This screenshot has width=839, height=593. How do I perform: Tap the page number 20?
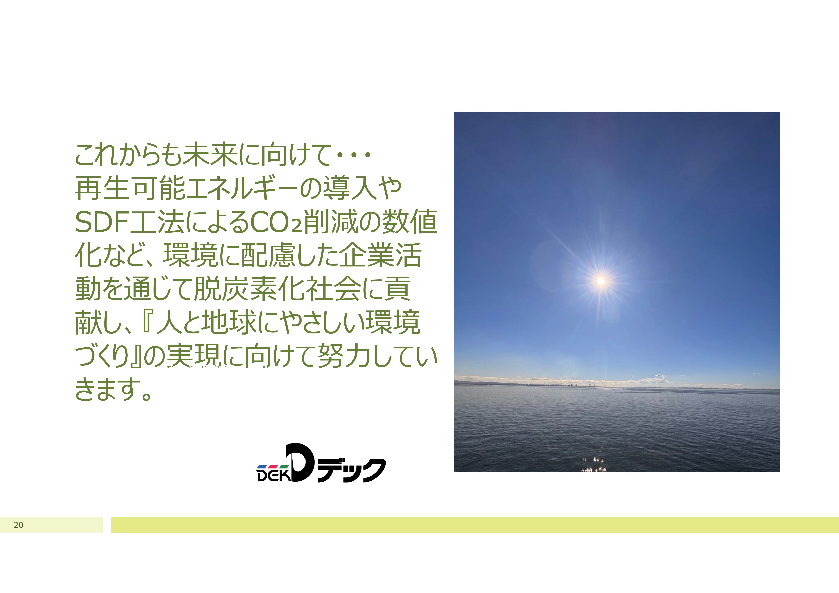pos(18,525)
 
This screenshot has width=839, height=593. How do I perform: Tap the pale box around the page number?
pos(52,525)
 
